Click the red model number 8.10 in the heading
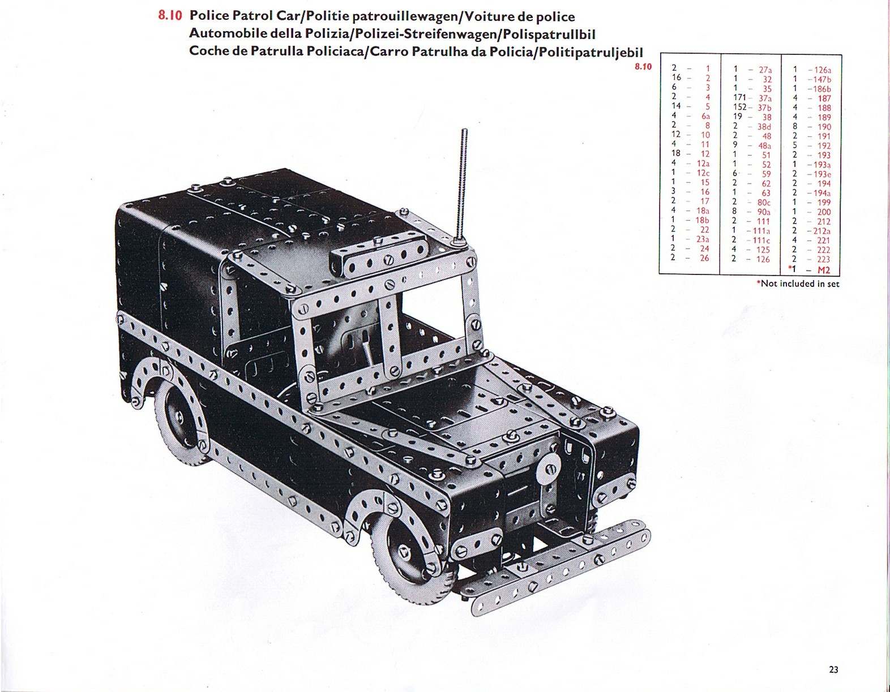pyautogui.click(x=170, y=16)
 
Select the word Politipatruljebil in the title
pyautogui.click(x=591, y=52)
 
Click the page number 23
pyautogui.click(x=833, y=669)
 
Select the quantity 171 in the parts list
pyautogui.click(x=740, y=98)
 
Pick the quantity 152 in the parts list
pyautogui.click(x=740, y=108)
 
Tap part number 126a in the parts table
pyautogui.click(x=823, y=70)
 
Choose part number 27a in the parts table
pyautogui.click(x=765, y=70)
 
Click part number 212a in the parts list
pyautogui.click(x=821, y=231)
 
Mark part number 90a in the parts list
pyautogui.click(x=764, y=212)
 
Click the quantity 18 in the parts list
pyautogui.click(x=676, y=153)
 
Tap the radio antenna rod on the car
pyautogui.click(x=463, y=186)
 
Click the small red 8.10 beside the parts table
pyautogui.click(x=643, y=67)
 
